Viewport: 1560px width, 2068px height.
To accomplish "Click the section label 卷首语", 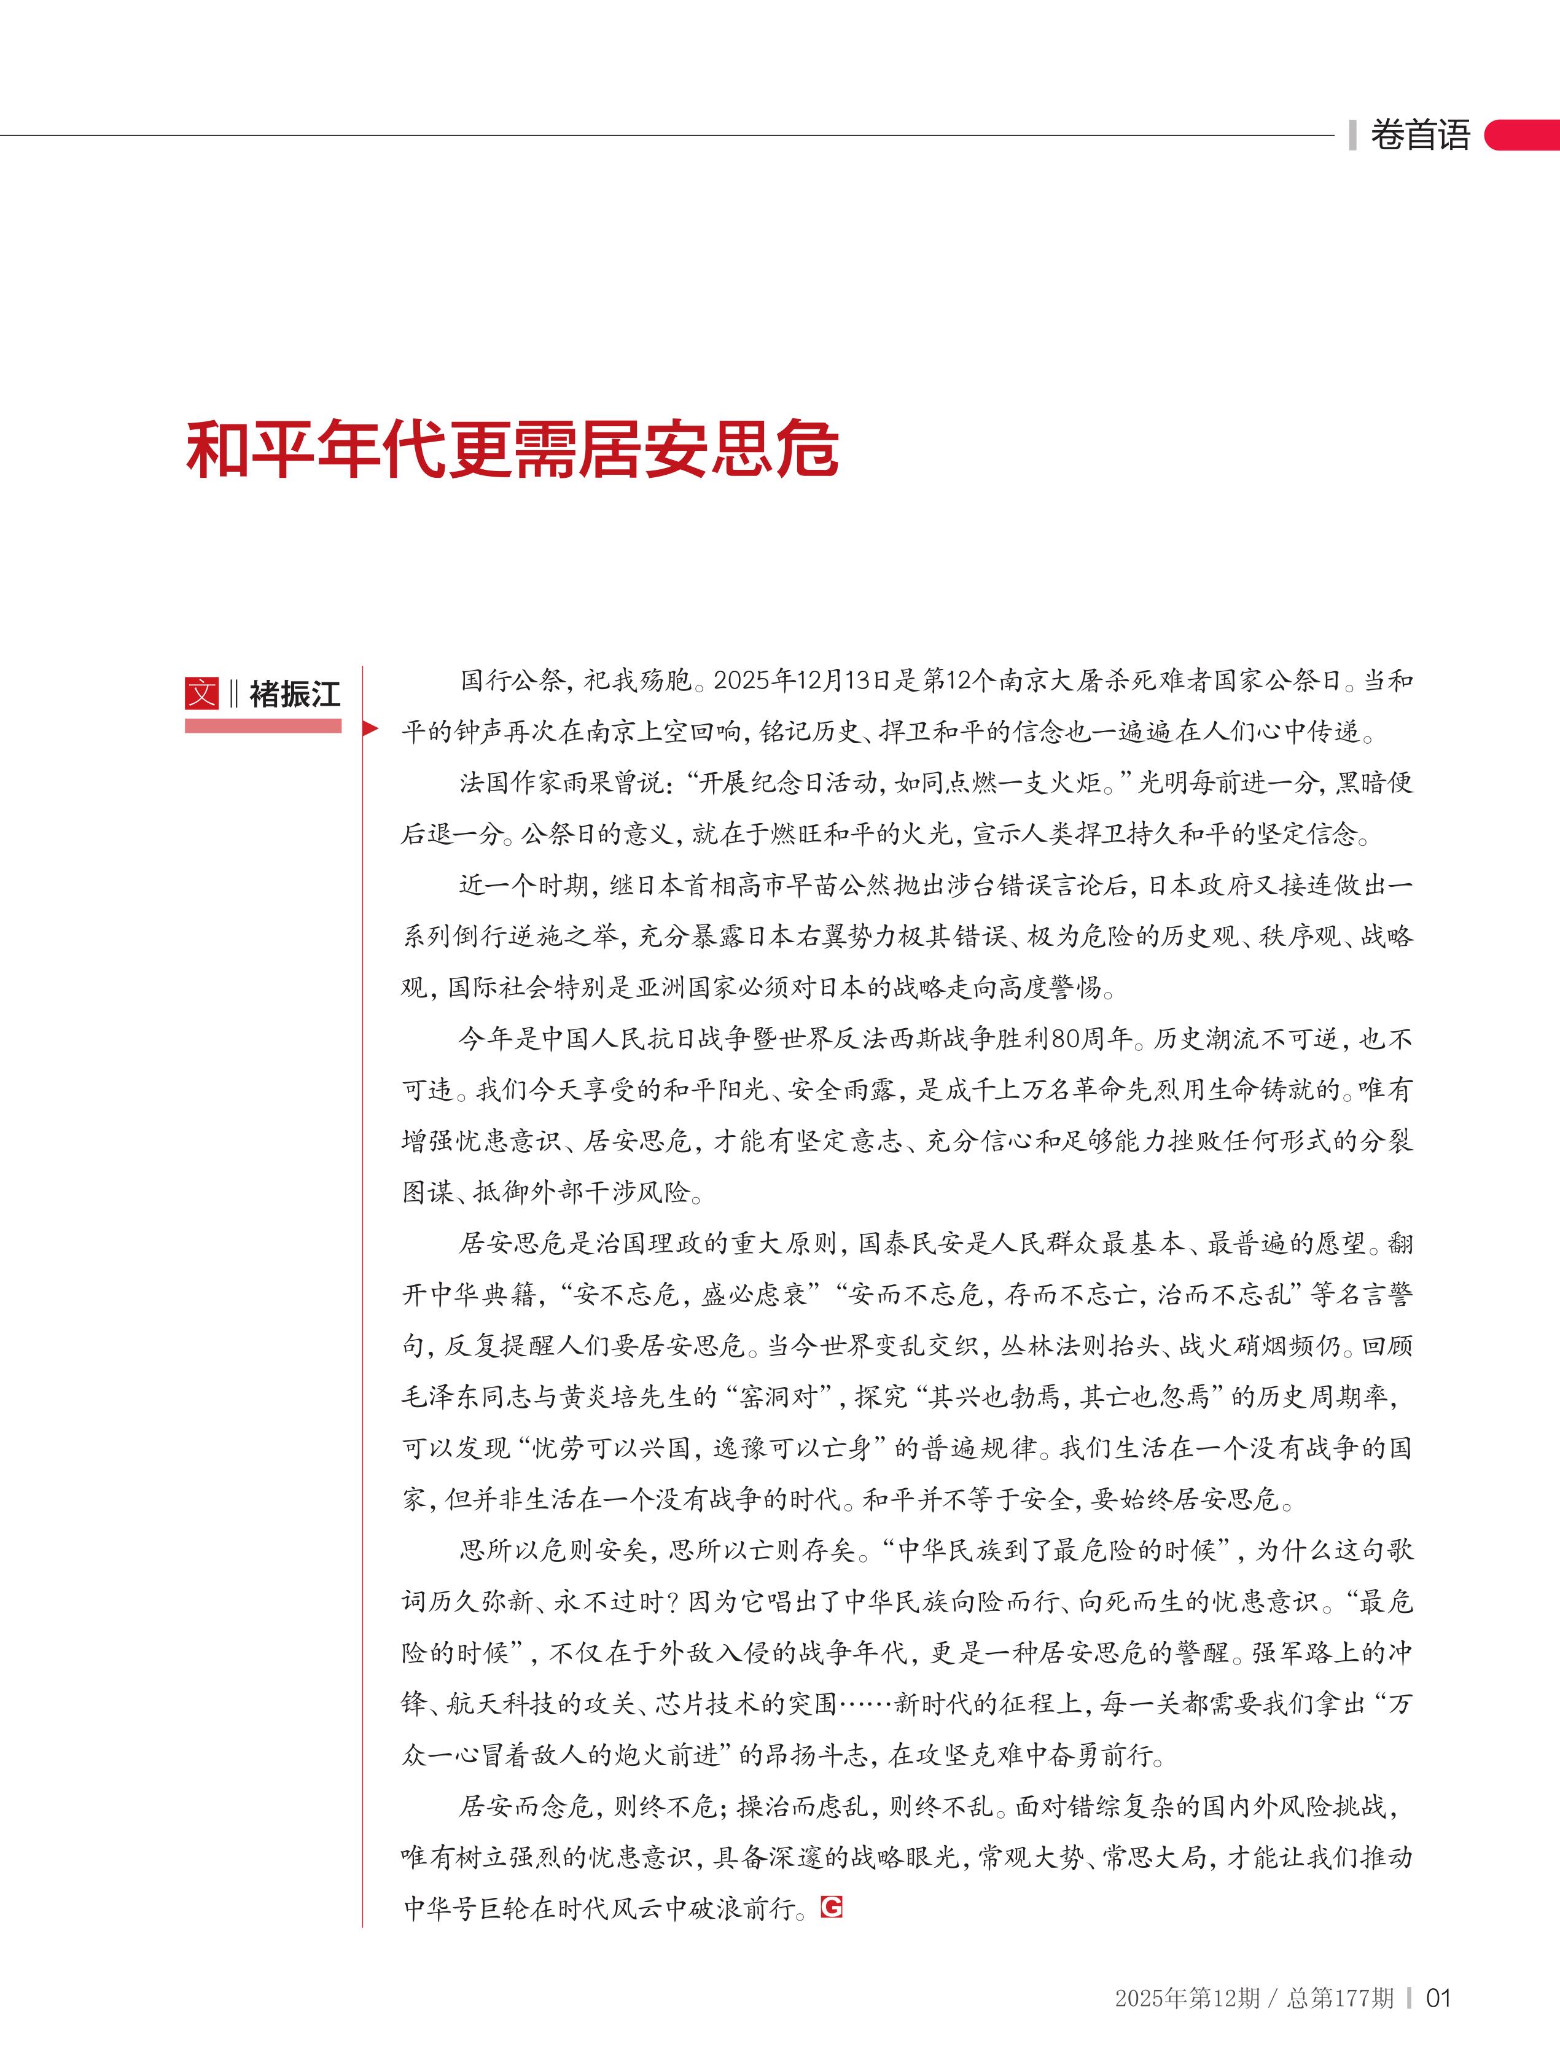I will click(1420, 136).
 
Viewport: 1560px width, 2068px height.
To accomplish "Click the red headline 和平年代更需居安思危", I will click(512, 451).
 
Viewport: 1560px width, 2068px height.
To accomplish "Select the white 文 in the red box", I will click(202, 693).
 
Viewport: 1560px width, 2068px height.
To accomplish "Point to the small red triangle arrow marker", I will click(370, 729).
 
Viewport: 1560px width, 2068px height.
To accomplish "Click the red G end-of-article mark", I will click(831, 1906).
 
